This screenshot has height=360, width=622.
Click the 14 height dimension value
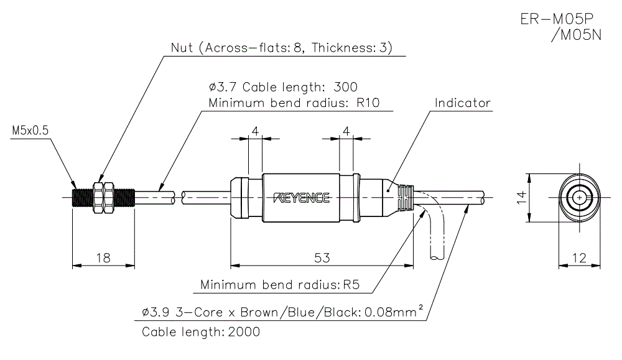tap(521, 198)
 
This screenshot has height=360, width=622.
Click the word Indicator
tap(463, 103)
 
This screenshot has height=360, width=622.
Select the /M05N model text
tap(577, 35)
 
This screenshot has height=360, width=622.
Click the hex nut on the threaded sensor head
tap(100, 198)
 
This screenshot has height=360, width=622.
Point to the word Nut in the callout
tap(182, 48)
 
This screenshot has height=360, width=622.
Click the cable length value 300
tap(346, 86)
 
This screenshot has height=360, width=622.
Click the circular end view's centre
tap(580, 198)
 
